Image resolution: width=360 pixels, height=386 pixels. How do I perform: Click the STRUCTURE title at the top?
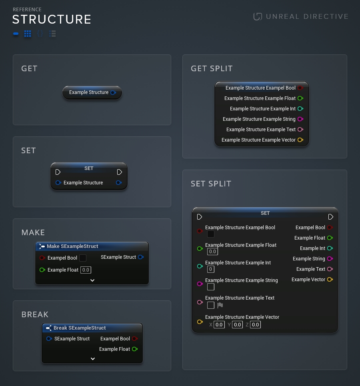point(52,19)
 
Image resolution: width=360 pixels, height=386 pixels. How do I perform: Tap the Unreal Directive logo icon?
point(258,16)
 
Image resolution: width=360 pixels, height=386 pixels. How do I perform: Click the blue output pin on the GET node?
point(113,92)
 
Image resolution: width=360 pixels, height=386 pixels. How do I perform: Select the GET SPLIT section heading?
point(212,68)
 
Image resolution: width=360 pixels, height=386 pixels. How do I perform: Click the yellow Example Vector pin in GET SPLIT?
point(300,140)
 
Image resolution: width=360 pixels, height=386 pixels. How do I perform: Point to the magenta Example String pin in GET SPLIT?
point(300,119)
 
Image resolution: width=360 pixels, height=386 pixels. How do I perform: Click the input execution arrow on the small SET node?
point(58,172)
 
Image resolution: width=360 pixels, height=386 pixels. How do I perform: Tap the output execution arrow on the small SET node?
point(120,172)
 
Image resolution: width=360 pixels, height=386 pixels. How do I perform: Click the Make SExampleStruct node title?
point(72,246)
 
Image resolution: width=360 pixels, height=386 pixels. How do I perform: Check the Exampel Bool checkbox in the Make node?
point(83,258)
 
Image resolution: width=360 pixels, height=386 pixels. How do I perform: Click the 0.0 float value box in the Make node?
point(86,270)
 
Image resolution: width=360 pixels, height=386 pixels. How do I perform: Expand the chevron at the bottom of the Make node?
point(92,280)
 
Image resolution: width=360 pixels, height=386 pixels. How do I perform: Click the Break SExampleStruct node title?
point(80,328)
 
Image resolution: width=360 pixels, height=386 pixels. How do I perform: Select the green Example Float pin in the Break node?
point(135,349)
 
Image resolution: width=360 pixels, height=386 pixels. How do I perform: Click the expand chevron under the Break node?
point(93,359)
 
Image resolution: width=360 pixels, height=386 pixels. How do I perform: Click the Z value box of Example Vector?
point(255,325)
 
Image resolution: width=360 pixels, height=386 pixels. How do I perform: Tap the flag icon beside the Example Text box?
point(220,305)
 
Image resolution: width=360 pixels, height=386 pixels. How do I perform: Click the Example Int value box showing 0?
point(211,269)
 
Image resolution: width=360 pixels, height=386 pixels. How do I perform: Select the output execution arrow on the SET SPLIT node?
point(330,217)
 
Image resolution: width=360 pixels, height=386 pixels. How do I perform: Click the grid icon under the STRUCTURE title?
point(28,34)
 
